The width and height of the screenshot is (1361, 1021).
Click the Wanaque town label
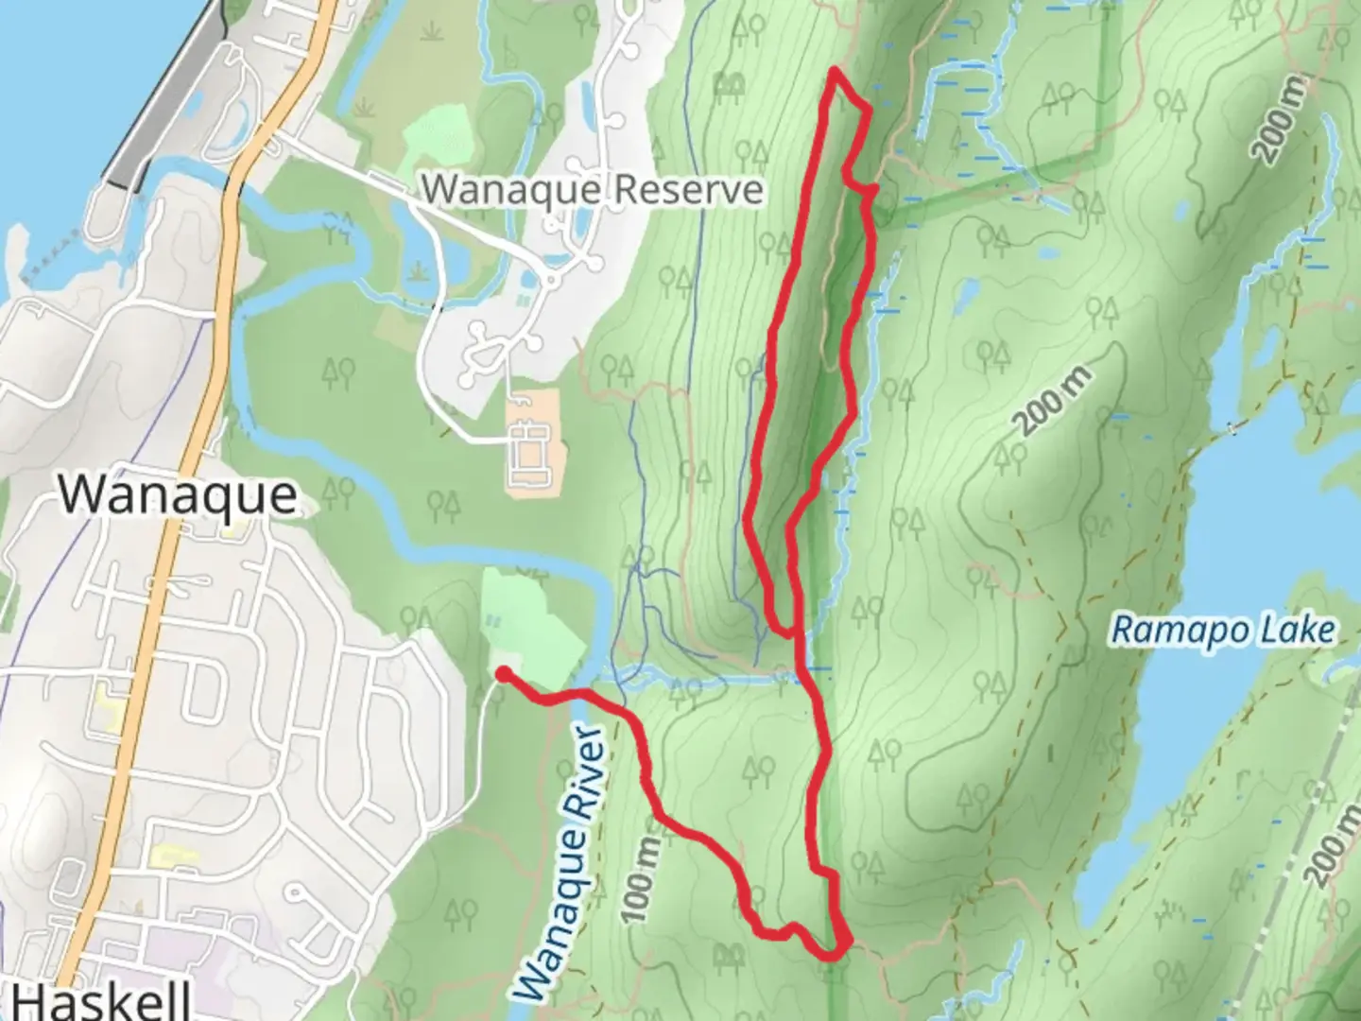tap(178, 495)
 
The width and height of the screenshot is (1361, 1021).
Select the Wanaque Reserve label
tap(592, 190)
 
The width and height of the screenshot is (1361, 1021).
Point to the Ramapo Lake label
tap(1223, 630)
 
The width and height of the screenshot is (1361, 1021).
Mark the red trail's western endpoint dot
tap(504, 673)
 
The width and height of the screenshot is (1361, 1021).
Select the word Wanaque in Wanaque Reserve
tap(506, 190)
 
